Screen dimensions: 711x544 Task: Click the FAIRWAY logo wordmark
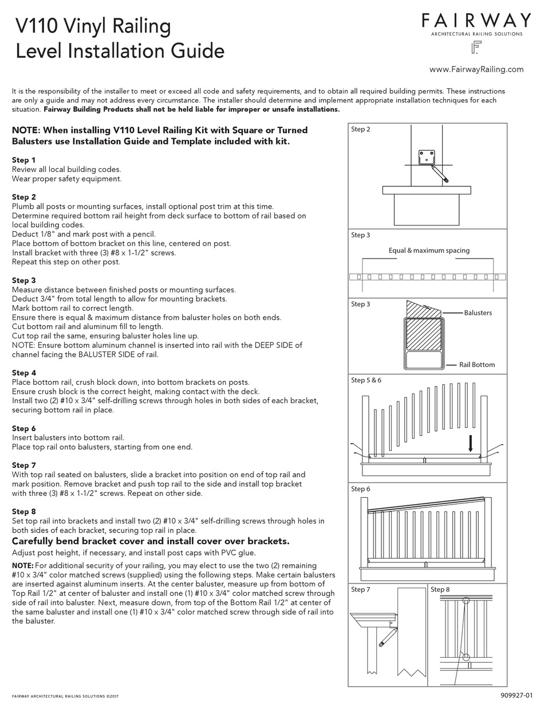coord(476,21)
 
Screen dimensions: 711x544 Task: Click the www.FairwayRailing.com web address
coord(476,69)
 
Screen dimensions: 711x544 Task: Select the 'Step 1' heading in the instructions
coord(23,160)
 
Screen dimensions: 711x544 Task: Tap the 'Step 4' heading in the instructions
coord(24,373)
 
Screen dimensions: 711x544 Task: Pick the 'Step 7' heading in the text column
coord(24,465)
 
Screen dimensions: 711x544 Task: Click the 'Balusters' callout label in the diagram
coord(478,312)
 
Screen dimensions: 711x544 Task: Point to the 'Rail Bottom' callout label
coord(476,365)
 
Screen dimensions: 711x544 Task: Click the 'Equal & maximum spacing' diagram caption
coord(428,251)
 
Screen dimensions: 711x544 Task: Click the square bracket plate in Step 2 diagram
coord(427,158)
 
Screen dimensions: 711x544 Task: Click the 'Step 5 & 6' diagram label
coord(366,380)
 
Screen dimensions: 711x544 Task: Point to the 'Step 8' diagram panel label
coord(440,589)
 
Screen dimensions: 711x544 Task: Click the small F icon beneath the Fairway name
coord(475,48)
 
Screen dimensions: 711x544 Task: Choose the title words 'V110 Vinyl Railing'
coord(93,26)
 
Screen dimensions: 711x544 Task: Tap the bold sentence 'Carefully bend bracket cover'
coord(151,541)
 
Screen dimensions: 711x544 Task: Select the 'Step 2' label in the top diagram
coord(360,130)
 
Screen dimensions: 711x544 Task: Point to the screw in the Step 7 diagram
coord(389,638)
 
